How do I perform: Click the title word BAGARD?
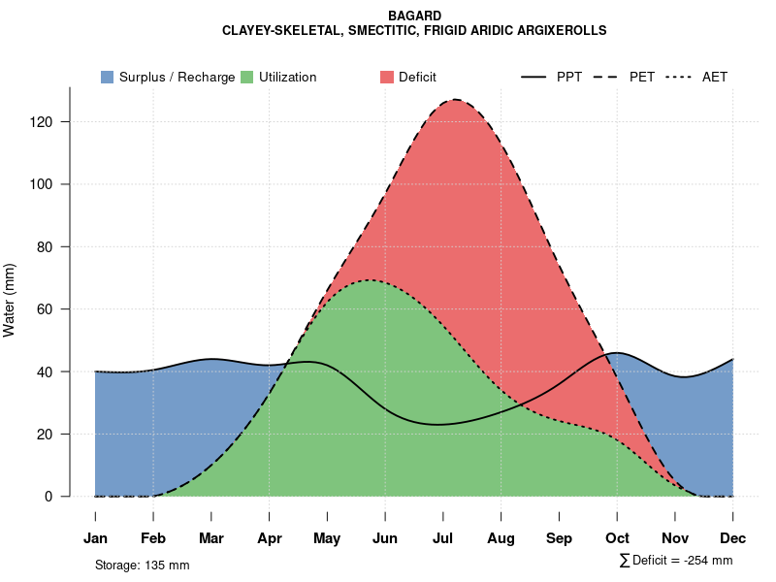tap(414, 16)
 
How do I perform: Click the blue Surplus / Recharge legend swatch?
tap(108, 77)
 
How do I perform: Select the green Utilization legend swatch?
tap(247, 77)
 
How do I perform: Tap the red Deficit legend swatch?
tap(387, 77)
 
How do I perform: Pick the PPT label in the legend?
tap(569, 77)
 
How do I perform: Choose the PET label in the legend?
tap(642, 77)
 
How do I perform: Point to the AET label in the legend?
tap(715, 77)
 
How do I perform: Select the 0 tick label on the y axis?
tap(58, 497)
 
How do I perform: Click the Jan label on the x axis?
tap(95, 538)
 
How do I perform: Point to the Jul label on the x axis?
tap(443, 538)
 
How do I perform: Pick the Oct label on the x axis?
tap(617, 538)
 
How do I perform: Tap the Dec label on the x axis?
tap(733, 538)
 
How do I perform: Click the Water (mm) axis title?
tap(10, 301)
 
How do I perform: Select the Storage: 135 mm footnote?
tap(143, 565)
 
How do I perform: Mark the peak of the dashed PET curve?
tap(454, 99)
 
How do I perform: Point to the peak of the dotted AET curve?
tap(371, 280)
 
